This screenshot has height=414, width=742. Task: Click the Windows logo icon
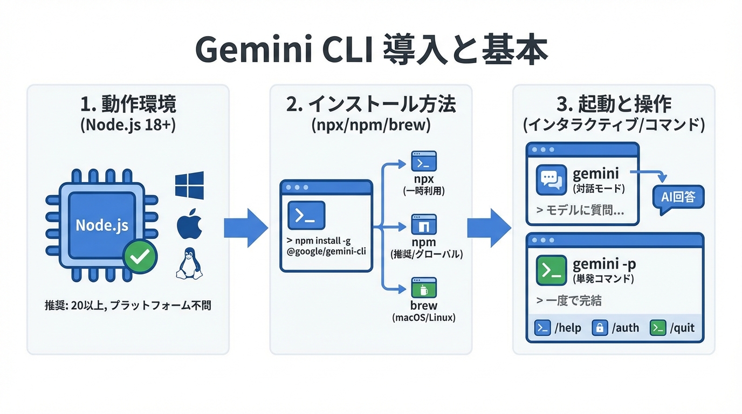pyautogui.click(x=189, y=185)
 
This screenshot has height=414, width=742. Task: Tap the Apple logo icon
pyautogui.click(x=189, y=225)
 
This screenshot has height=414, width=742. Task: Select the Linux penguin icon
pyautogui.click(x=189, y=264)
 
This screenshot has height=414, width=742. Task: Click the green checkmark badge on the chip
pyautogui.click(x=140, y=257)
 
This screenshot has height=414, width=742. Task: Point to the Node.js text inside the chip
pyautogui.click(x=102, y=225)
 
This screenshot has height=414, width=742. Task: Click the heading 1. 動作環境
pyautogui.click(x=128, y=105)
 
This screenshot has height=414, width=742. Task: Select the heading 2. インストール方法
pyautogui.click(x=371, y=105)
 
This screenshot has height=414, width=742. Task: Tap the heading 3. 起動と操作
pyautogui.click(x=614, y=105)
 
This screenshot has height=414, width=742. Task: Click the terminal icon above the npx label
pyautogui.click(x=424, y=161)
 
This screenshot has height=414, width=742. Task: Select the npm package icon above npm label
pyautogui.click(x=424, y=224)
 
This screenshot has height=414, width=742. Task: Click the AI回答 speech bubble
pyautogui.click(x=678, y=197)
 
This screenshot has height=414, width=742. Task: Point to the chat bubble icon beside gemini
pyautogui.click(x=551, y=180)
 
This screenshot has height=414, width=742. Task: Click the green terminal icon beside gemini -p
pyautogui.click(x=551, y=270)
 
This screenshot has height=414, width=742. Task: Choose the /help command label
pyautogui.click(x=568, y=328)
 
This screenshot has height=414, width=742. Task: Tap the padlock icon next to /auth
pyautogui.click(x=600, y=328)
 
